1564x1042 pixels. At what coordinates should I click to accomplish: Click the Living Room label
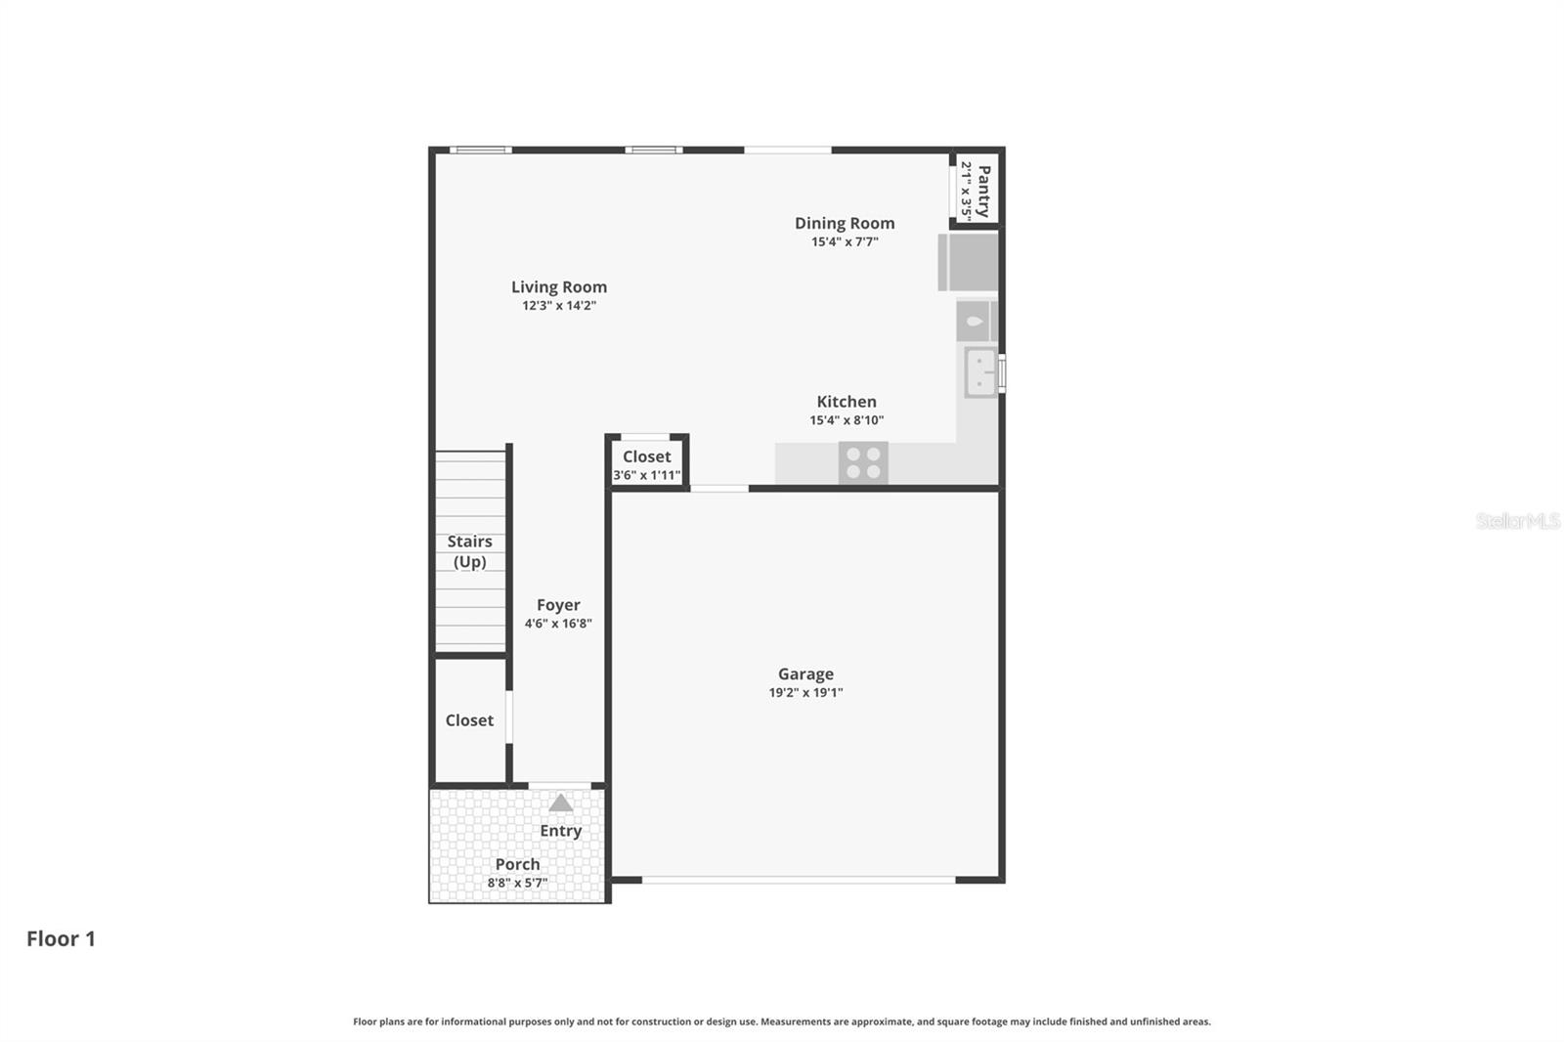click(x=558, y=286)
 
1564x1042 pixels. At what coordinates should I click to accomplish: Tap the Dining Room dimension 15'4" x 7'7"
click(x=845, y=241)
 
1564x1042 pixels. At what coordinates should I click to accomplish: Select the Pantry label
click(x=983, y=191)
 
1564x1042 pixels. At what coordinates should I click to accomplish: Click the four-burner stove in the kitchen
click(x=863, y=462)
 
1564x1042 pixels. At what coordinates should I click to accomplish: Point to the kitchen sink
click(x=980, y=371)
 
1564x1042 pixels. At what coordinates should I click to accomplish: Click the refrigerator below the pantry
click(x=968, y=262)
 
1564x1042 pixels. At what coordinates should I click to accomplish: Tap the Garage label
click(x=805, y=673)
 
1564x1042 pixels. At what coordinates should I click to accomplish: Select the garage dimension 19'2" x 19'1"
click(x=805, y=692)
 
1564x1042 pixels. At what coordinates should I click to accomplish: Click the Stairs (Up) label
click(x=469, y=551)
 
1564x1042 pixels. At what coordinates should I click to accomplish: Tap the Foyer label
click(x=558, y=605)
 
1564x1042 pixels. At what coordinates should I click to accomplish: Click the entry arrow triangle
click(x=560, y=803)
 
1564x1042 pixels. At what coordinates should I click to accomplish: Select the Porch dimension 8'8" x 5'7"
click(x=517, y=883)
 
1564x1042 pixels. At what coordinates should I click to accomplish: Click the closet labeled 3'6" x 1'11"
click(x=646, y=464)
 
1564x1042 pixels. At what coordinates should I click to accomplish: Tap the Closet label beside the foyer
click(x=469, y=720)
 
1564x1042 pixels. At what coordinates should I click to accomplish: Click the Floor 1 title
click(x=61, y=938)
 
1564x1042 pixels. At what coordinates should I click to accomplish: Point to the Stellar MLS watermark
click(x=1517, y=521)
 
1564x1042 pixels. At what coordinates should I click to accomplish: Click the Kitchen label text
click(x=847, y=402)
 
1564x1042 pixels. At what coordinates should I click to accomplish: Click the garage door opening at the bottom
click(x=798, y=880)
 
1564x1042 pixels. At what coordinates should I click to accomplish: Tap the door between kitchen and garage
click(x=719, y=488)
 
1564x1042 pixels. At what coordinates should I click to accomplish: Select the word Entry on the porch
click(x=560, y=831)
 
